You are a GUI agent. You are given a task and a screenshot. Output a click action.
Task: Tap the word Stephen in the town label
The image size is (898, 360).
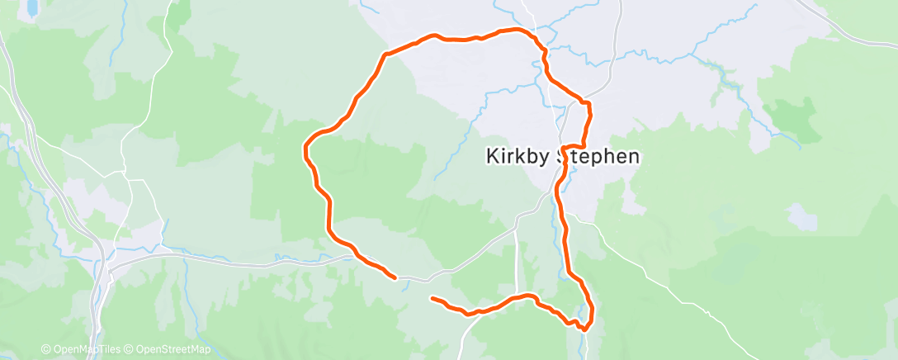coord(599,157)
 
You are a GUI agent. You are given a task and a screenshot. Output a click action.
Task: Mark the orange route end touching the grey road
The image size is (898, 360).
coord(395,277)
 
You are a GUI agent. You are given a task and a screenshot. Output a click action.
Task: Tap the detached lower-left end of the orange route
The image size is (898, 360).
coord(432,298)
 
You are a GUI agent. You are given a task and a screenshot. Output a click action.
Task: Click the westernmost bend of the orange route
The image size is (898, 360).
coord(305,149)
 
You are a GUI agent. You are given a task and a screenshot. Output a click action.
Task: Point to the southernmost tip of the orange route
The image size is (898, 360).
coord(584,329)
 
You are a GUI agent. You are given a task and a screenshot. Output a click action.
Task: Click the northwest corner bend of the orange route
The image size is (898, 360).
coord(385,54)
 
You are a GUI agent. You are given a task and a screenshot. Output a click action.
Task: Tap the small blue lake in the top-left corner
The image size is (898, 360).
coord(31,8)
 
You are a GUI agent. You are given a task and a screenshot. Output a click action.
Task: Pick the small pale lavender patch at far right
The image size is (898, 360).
coord(801,216)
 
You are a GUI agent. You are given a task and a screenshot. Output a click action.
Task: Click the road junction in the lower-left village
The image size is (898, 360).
coord(110,266)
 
